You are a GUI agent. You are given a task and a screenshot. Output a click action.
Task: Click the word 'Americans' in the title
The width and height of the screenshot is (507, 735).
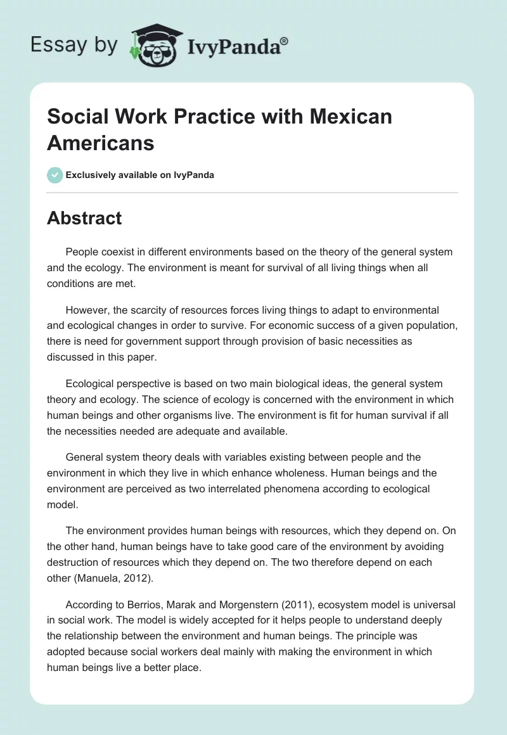pos(101,143)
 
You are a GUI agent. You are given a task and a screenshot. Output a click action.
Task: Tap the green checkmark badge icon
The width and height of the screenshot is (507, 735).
pos(55,175)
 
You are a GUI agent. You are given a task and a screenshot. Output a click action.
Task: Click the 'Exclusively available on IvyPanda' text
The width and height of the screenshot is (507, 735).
pos(140,176)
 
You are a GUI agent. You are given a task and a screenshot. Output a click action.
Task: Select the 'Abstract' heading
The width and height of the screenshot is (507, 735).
pos(84,219)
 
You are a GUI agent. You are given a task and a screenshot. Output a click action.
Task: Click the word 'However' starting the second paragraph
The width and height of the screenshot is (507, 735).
pos(86,310)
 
